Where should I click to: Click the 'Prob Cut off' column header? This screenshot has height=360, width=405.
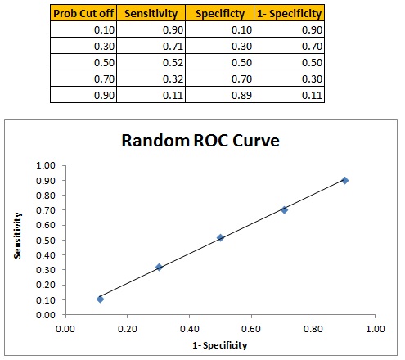(x=83, y=14)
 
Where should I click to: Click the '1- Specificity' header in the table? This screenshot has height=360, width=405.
(x=289, y=14)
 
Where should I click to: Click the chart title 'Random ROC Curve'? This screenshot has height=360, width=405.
(x=200, y=141)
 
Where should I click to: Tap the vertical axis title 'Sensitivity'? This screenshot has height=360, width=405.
(x=17, y=238)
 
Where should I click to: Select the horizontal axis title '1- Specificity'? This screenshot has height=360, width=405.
(x=219, y=345)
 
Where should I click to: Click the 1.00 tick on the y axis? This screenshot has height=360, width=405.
(x=47, y=165)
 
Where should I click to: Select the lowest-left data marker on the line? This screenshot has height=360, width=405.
(x=100, y=299)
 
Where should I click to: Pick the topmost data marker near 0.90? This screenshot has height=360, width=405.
(x=344, y=180)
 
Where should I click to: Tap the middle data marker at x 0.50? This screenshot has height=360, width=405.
(x=220, y=237)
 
